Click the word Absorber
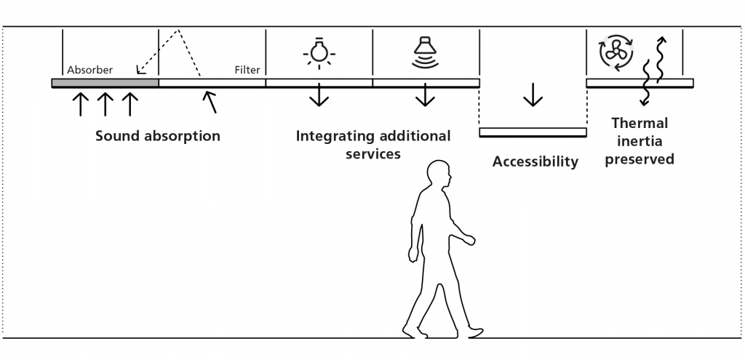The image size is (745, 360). coord(90,71)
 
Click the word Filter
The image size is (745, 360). coord(247,71)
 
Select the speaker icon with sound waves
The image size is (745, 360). coord(425,51)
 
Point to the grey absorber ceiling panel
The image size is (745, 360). coord(105,83)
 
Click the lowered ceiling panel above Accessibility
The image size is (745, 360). coord(533,132)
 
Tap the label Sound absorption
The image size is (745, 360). coord(158,136)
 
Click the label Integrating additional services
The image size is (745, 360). coord(372,145)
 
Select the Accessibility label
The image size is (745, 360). coord(535,161)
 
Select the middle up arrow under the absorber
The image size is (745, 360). coord(105,104)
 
